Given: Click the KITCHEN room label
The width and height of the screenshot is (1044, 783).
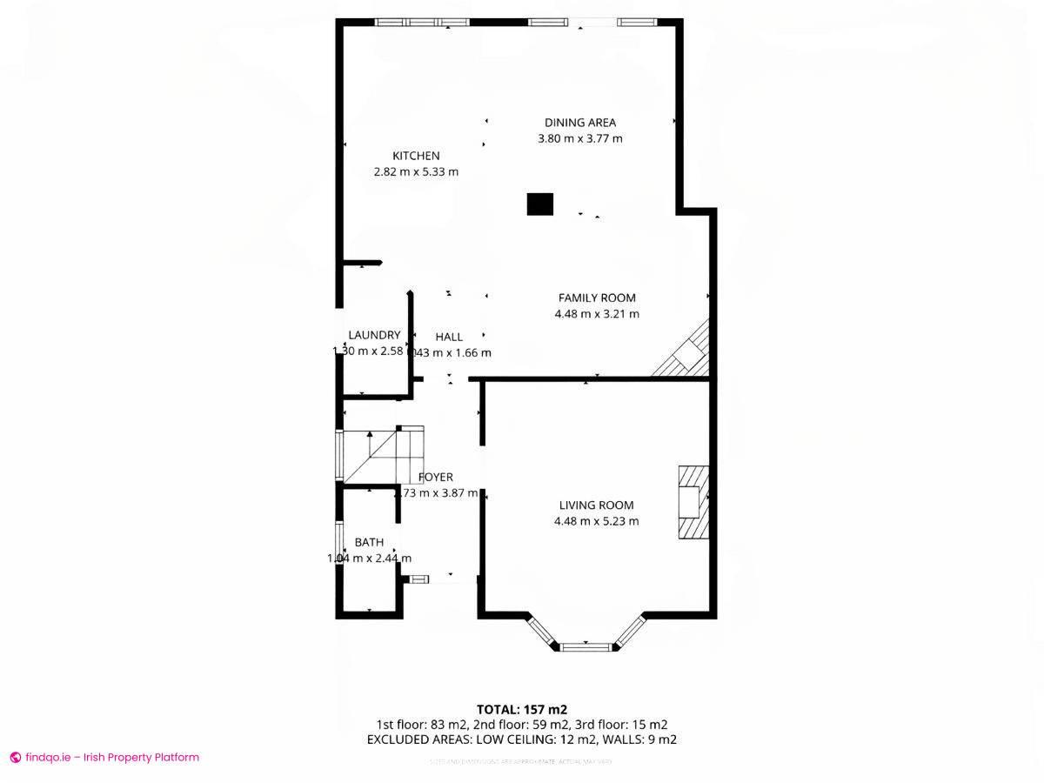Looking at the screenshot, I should [416, 156].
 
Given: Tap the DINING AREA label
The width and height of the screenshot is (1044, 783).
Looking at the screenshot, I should [579, 123].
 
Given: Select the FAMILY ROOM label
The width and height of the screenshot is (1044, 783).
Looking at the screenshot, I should [597, 298].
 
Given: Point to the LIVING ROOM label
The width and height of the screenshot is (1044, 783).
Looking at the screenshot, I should [596, 505].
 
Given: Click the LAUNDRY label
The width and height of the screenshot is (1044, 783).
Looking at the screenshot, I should [374, 335].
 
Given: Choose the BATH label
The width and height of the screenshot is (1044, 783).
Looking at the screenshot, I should [369, 542].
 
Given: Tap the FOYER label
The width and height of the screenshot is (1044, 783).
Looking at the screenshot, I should [435, 477].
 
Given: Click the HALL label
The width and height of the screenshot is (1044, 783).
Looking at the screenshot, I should [449, 337].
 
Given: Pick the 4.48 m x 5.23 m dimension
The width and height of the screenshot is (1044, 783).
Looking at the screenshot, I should [596, 521].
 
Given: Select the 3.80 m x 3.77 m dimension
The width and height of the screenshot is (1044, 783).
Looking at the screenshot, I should [579, 138].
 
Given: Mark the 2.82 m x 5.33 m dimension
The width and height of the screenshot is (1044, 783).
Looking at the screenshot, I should [416, 172].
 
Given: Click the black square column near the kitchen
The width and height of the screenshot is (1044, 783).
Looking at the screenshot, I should [540, 204].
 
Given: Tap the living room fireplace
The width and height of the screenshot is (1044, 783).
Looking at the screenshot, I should [693, 504].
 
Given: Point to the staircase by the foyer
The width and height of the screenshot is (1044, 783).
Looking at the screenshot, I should [383, 455].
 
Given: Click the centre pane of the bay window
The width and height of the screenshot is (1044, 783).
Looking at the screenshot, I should [586, 646].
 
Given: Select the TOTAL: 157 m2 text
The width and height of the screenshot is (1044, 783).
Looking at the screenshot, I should [522, 709].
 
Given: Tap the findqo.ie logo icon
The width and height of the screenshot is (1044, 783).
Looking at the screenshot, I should [15, 757].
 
